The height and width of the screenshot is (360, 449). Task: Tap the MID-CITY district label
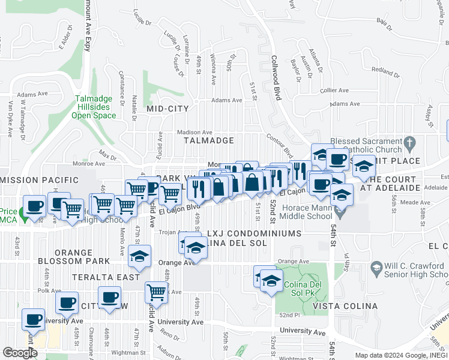[x=167, y=109]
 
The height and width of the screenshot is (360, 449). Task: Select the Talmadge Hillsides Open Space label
[x=95, y=107]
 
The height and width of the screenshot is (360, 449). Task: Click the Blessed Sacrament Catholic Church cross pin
[x=410, y=143]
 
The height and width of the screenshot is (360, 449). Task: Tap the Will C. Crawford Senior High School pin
[x=376, y=266]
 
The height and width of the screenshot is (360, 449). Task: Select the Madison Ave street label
[x=194, y=133]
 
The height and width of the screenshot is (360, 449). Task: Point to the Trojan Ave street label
[x=170, y=232]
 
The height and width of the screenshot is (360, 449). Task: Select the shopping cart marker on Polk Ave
[x=156, y=292]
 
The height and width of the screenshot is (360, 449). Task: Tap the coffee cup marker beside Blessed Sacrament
[x=337, y=159]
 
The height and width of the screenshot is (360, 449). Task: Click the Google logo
[x=19, y=353]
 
